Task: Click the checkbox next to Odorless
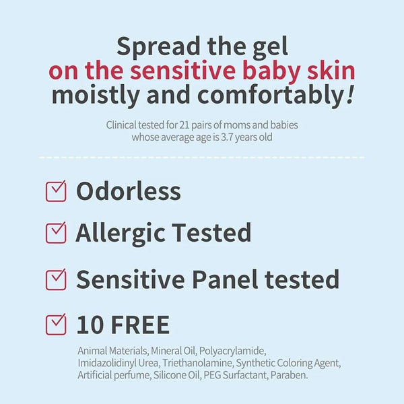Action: coord(56,191)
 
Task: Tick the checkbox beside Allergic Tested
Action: coord(56,233)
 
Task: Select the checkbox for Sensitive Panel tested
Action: coord(56,279)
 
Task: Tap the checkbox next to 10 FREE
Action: coord(56,324)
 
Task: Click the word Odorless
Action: coord(129,191)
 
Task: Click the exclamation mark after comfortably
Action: coord(349,94)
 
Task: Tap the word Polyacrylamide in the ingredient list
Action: coord(234,351)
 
